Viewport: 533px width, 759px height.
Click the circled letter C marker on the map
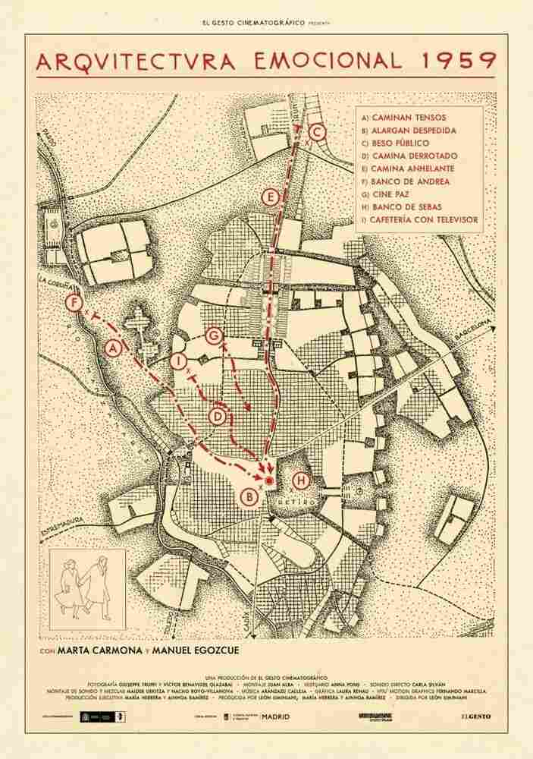[x=318, y=134]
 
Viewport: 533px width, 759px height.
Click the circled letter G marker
[x=214, y=335]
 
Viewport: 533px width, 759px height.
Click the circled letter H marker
[x=301, y=480]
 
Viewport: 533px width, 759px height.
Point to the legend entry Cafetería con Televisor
[x=420, y=220]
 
